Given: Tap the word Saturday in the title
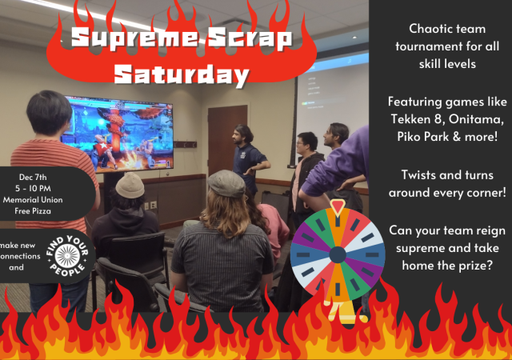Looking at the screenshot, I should [x=181, y=75].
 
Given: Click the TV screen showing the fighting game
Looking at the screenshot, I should [x=118, y=132].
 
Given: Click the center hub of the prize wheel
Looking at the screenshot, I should [x=337, y=254].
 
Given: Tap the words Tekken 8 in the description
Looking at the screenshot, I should [x=411, y=118].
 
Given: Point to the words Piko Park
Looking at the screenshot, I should [x=415, y=134].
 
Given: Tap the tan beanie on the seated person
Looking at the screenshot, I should [x=130, y=186].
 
